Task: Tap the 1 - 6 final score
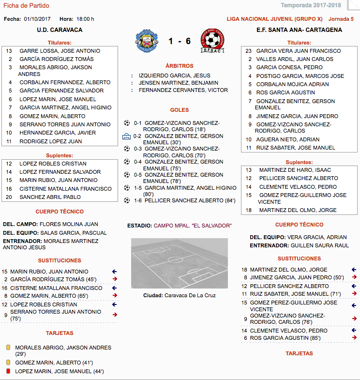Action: tap(180, 41)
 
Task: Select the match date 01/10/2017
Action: tap(38, 19)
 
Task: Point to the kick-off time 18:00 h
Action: tap(85, 19)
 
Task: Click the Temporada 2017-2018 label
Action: tap(317, 6)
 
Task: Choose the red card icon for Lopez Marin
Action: tap(8, 371)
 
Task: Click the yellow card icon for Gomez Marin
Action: tap(8, 362)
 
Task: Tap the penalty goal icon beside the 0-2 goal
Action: tap(127, 137)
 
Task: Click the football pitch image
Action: tap(180, 263)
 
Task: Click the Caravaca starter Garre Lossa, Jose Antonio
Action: tap(60, 51)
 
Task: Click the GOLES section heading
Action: tap(180, 110)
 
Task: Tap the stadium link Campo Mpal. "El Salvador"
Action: tap(193, 226)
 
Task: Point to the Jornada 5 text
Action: tap(341, 19)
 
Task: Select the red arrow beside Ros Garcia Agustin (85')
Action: tap(354, 337)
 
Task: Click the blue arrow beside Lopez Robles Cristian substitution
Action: tap(114, 304)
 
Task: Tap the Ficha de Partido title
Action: tap(26, 6)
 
